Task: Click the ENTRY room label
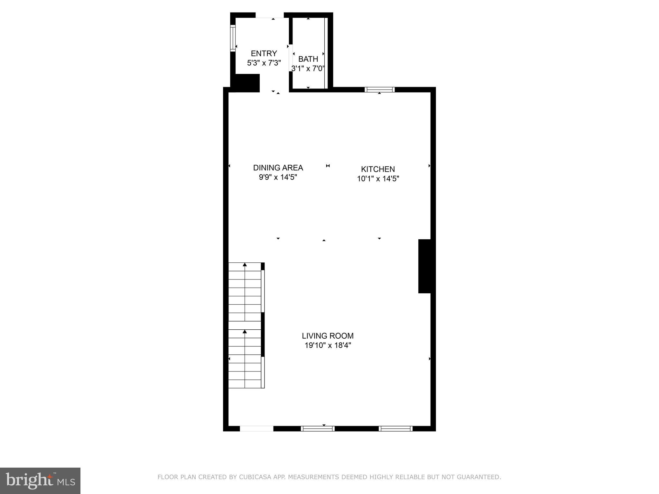coord(264,53)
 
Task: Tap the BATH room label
coord(308,59)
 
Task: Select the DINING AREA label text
coord(278,168)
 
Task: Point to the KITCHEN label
coord(378,169)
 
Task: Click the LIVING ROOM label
coord(328,336)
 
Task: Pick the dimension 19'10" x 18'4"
coord(328,345)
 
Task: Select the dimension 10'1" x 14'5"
coord(378,178)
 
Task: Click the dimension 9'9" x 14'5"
coord(278,177)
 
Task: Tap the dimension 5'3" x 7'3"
coord(264,63)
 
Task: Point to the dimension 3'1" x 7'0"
coord(308,68)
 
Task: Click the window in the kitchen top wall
coord(380,89)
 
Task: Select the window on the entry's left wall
coord(233,38)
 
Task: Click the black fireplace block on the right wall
coord(424,266)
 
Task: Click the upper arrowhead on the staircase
coord(245,265)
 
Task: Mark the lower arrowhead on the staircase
coord(245,331)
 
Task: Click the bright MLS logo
coord(40,481)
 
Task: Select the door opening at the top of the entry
coord(270,15)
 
